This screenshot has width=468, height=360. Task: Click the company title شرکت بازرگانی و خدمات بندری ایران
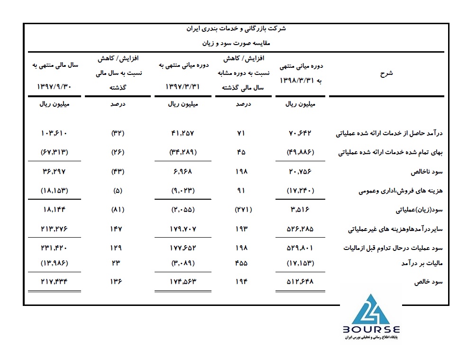tap(234, 29)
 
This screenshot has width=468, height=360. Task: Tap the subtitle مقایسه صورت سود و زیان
tap(234, 43)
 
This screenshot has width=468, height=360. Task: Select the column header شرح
tap(387, 74)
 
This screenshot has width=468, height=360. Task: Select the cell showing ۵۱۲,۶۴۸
tap(302, 282)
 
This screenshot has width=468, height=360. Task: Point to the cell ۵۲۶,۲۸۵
tap(302, 229)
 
